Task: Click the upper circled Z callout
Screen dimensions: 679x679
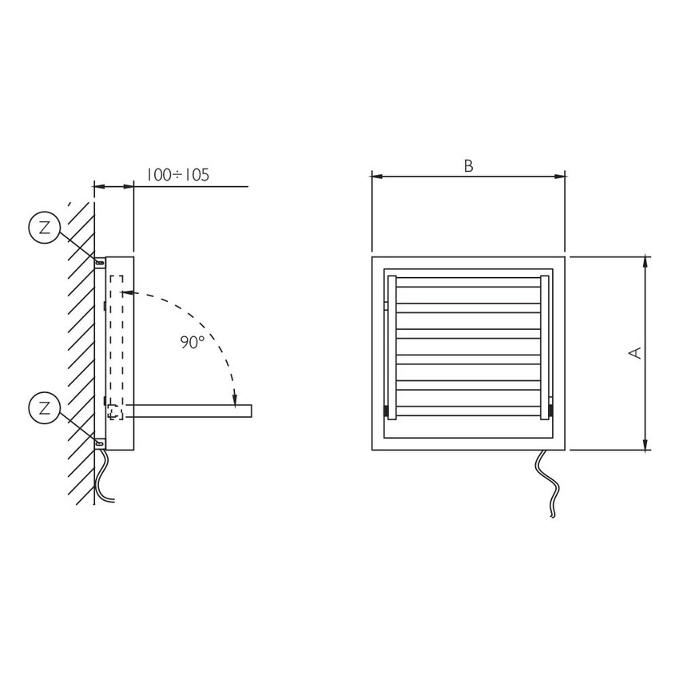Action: click(x=44, y=228)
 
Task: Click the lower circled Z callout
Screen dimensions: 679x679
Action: click(x=44, y=408)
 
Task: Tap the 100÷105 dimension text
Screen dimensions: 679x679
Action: click(x=177, y=174)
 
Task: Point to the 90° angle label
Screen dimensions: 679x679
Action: click(x=192, y=343)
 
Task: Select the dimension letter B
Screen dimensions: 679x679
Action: click(x=469, y=166)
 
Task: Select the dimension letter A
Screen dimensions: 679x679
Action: click(x=635, y=353)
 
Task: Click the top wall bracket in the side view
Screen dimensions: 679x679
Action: click(x=100, y=263)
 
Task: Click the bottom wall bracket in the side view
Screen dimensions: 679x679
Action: click(x=100, y=443)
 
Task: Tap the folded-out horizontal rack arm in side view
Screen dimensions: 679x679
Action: click(x=188, y=411)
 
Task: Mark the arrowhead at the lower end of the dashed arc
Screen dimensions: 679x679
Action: click(x=235, y=403)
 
